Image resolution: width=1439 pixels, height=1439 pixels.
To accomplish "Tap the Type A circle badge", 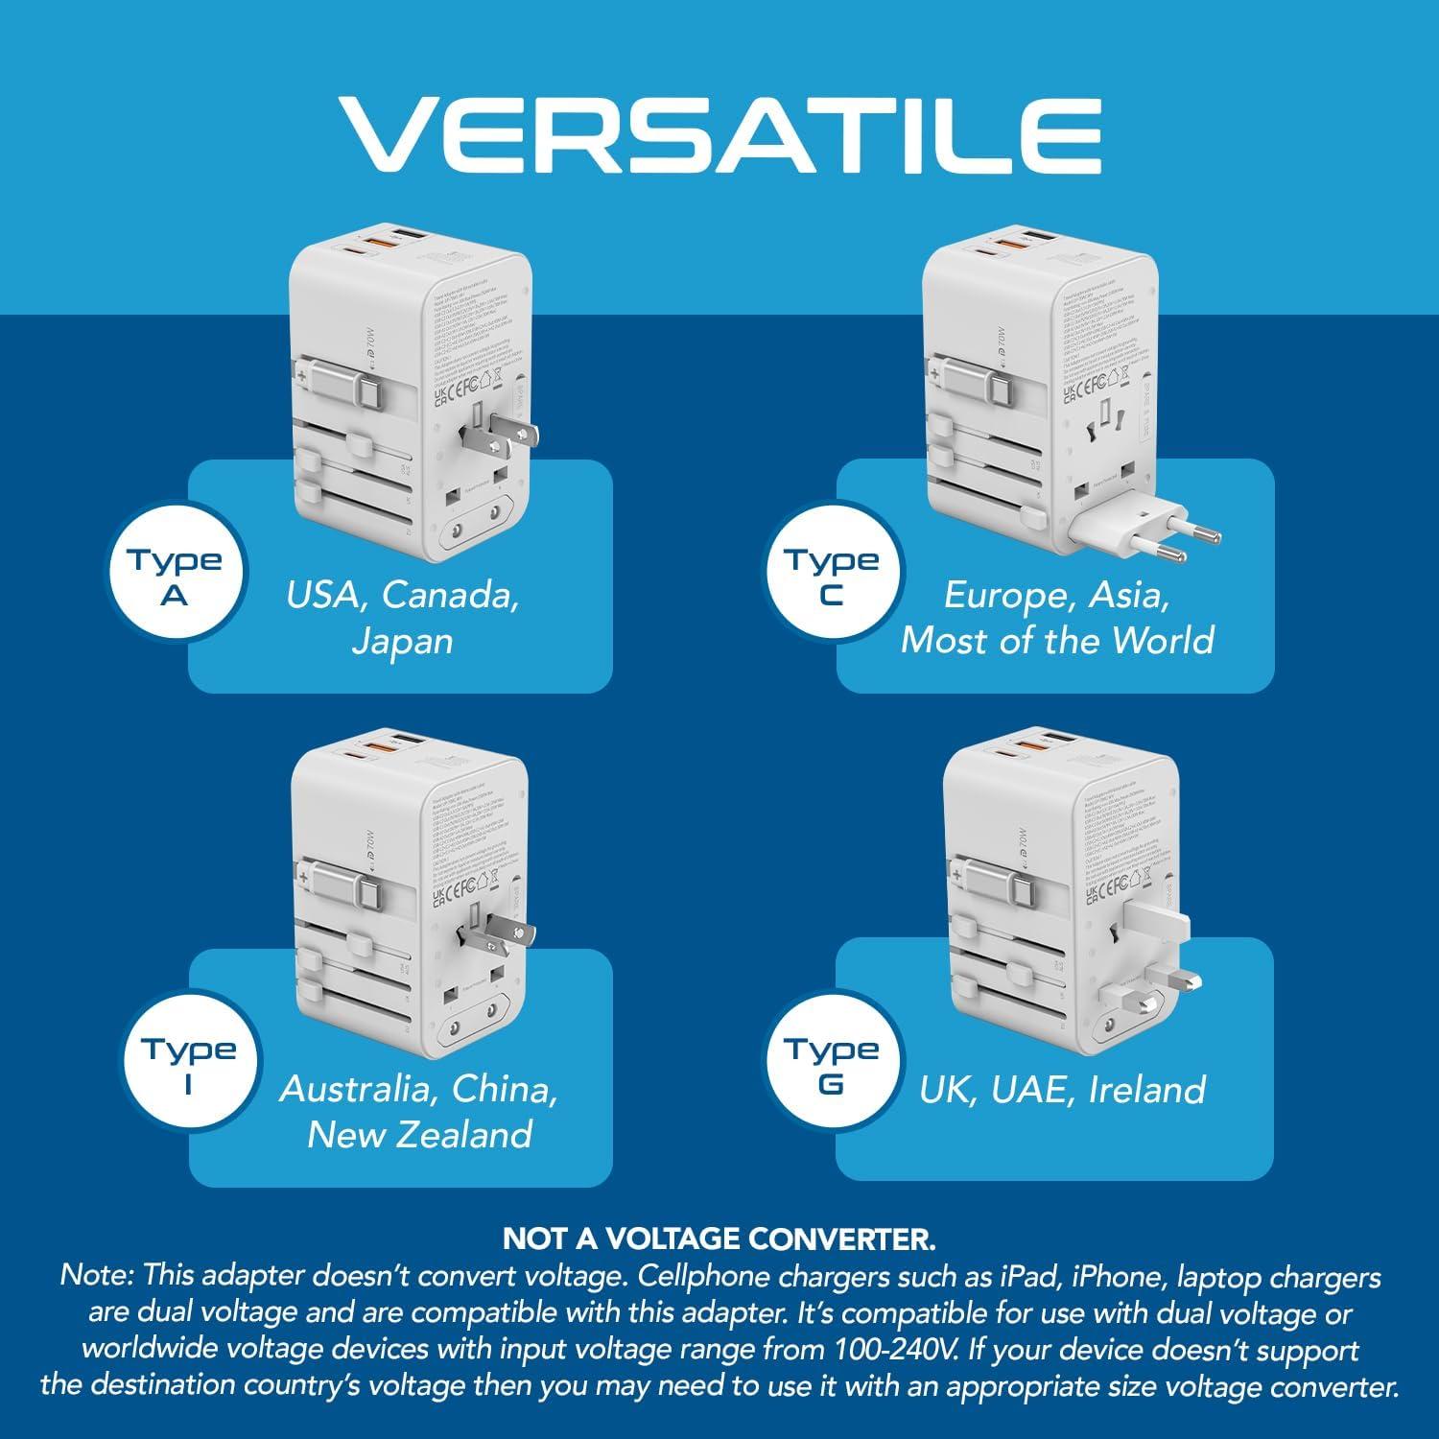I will point(174,577).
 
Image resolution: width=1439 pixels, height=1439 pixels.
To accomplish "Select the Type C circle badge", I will point(831,577).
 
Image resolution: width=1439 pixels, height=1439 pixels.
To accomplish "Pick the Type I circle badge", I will point(188,1066).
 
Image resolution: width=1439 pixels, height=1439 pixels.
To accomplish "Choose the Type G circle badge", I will point(831,1066).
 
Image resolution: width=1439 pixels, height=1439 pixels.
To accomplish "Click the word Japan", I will point(401,641).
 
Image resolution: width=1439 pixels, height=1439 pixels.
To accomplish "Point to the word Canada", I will point(450,595).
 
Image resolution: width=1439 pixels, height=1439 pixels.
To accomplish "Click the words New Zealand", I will point(419,1135).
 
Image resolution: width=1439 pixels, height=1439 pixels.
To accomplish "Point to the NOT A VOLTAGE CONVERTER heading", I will point(719,1238).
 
